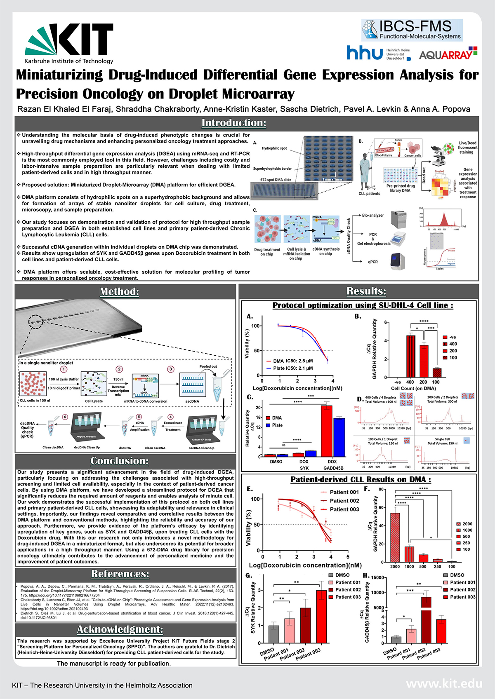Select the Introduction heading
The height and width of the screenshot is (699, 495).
click(x=234, y=123)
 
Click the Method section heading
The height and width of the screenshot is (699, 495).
click(x=120, y=291)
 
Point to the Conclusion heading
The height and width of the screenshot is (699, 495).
click(x=120, y=460)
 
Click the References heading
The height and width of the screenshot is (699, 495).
click(x=120, y=574)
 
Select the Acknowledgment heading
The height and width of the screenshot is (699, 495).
click(x=120, y=629)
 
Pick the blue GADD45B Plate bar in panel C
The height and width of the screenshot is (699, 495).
click(x=339, y=437)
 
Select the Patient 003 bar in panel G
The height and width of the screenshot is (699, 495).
click(x=321, y=617)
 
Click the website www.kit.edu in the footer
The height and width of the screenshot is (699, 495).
click(x=444, y=684)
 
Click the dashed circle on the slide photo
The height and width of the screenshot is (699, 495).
click(x=36, y=321)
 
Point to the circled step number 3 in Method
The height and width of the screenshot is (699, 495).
click(x=170, y=369)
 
